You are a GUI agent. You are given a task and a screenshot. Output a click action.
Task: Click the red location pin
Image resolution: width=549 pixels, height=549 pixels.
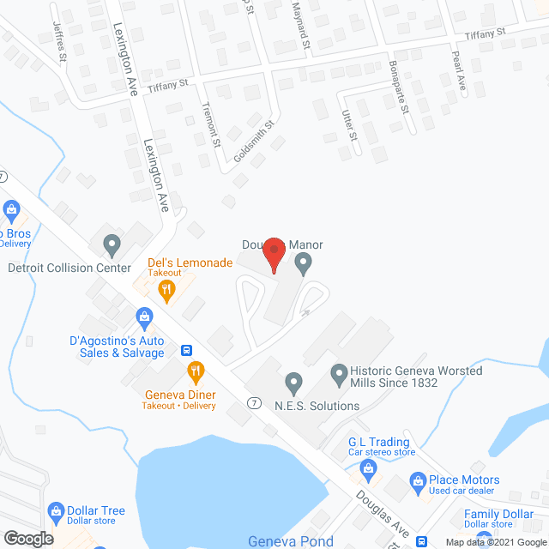(274, 254)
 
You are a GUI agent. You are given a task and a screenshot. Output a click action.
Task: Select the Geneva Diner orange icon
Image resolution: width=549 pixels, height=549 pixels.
(196, 372)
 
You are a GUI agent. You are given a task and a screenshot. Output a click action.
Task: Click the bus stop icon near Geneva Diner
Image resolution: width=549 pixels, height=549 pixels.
(185, 350)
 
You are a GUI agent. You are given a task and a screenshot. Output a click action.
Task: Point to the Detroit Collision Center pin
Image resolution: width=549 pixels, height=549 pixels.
(111, 246)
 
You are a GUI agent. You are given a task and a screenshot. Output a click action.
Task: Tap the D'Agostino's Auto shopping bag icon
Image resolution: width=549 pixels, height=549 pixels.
(145, 319)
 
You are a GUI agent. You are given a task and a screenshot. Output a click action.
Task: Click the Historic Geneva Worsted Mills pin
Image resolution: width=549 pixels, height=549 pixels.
(339, 373)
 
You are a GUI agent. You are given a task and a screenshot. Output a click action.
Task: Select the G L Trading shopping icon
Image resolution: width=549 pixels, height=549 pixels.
(369, 468)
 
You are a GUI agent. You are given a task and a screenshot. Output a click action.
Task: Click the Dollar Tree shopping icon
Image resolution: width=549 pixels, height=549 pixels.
(57, 513)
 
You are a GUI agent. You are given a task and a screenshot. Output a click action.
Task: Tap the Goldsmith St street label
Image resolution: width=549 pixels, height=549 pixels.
(255, 142)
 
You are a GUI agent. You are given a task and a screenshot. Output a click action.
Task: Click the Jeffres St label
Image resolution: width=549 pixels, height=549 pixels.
(60, 42)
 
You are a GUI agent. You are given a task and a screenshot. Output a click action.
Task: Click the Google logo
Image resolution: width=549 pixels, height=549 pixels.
(27, 538)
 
